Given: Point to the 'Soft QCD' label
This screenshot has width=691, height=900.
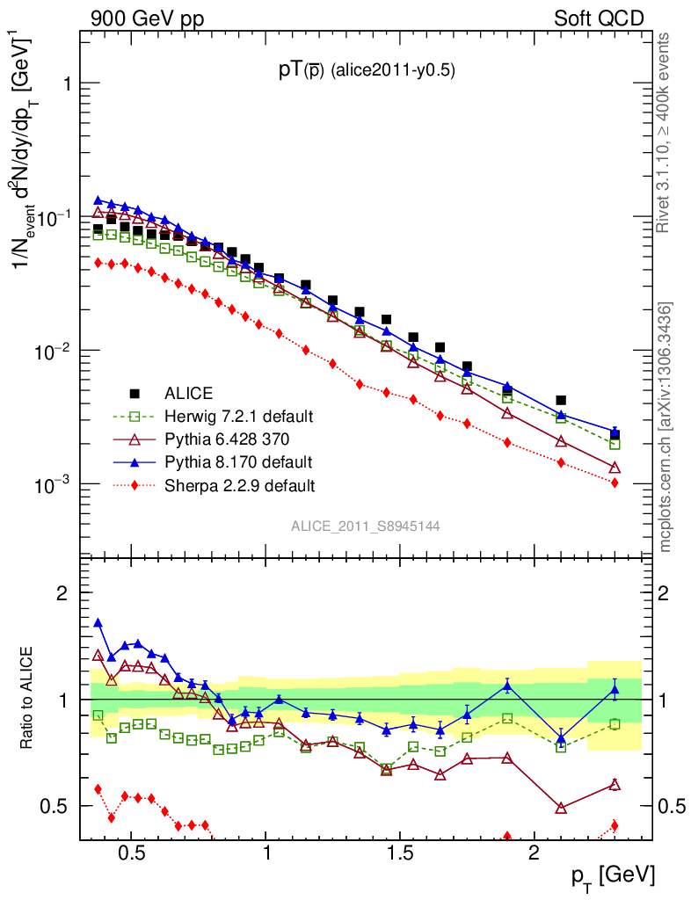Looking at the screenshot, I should [599, 18].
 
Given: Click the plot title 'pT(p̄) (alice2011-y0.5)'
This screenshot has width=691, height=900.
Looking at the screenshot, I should [367, 71].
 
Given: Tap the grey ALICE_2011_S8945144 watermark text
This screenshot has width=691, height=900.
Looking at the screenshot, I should [366, 526].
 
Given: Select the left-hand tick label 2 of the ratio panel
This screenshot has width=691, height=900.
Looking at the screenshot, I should [62, 594].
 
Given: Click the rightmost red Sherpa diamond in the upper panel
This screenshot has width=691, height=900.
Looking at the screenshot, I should [615, 483].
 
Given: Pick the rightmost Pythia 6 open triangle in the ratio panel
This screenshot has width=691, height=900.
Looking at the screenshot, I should [615, 785].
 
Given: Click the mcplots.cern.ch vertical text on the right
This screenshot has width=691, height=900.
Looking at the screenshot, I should [666, 426].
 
